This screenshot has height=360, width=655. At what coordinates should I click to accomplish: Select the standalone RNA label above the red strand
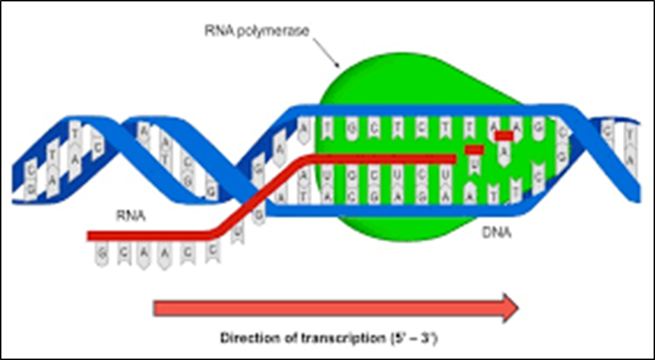coord(129,216)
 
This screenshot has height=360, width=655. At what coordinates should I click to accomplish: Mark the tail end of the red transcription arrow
coord(156,308)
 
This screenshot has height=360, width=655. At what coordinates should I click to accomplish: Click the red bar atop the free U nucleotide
coord(474,149)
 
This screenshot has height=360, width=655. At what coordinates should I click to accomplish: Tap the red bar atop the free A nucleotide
coord(504,135)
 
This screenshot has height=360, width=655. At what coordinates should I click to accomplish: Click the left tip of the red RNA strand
coord(89,237)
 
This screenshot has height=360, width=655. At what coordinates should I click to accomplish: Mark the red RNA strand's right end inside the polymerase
coord(455,159)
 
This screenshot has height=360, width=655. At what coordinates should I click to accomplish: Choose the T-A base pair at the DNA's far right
coord(628,143)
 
